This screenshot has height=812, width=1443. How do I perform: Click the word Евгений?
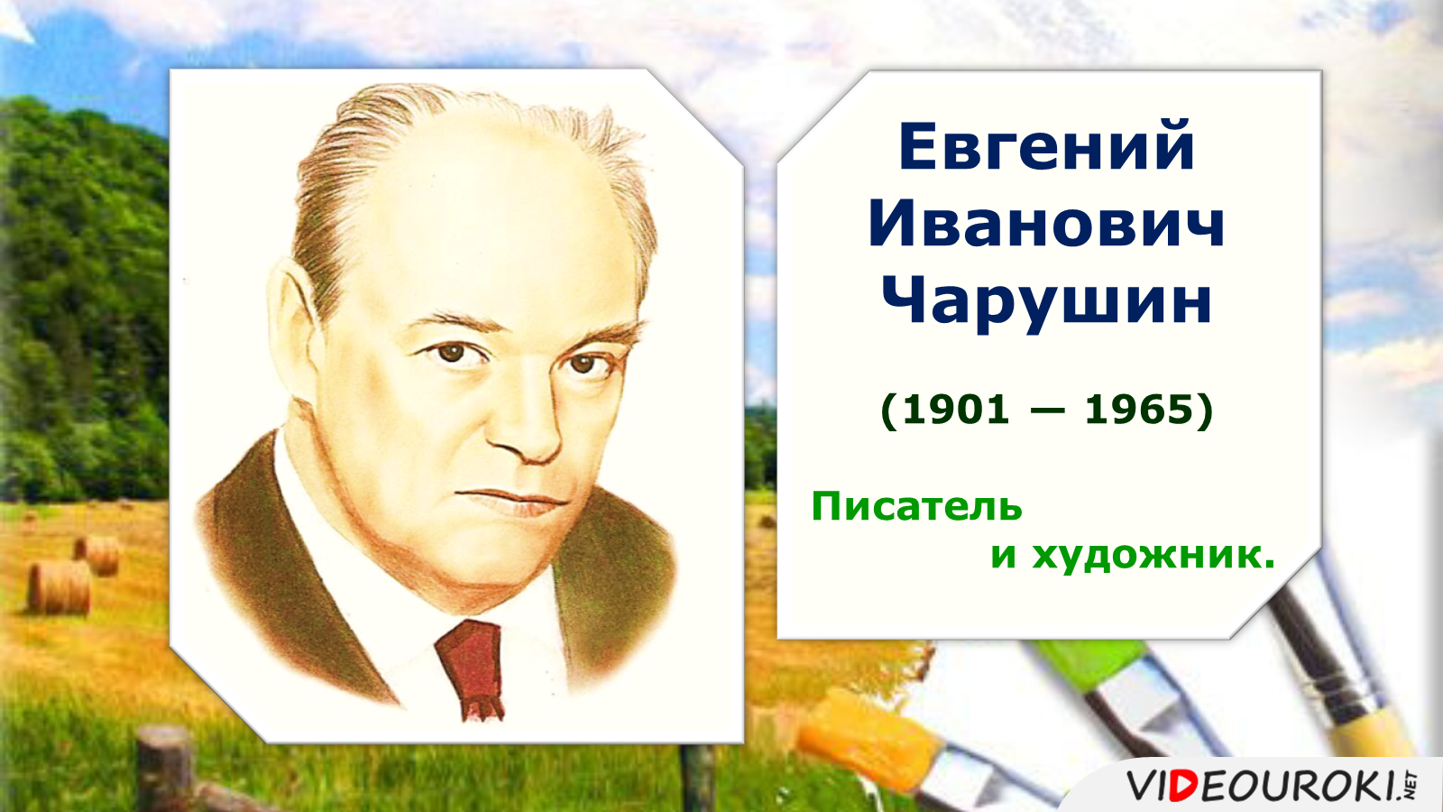[x=1047, y=147]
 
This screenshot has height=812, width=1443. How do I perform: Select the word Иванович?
[x=1046, y=226]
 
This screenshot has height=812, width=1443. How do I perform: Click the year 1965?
[x=1138, y=410]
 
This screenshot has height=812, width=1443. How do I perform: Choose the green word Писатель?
[x=916, y=506]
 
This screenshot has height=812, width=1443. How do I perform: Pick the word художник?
[x=1153, y=556]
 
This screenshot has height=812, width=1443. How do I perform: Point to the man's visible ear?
[x=293, y=322]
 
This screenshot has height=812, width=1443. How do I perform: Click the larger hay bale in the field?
[x=60, y=587]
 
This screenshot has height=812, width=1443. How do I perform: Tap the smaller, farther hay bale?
[x=98, y=555]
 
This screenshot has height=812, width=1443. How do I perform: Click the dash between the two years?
[x=1047, y=411]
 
